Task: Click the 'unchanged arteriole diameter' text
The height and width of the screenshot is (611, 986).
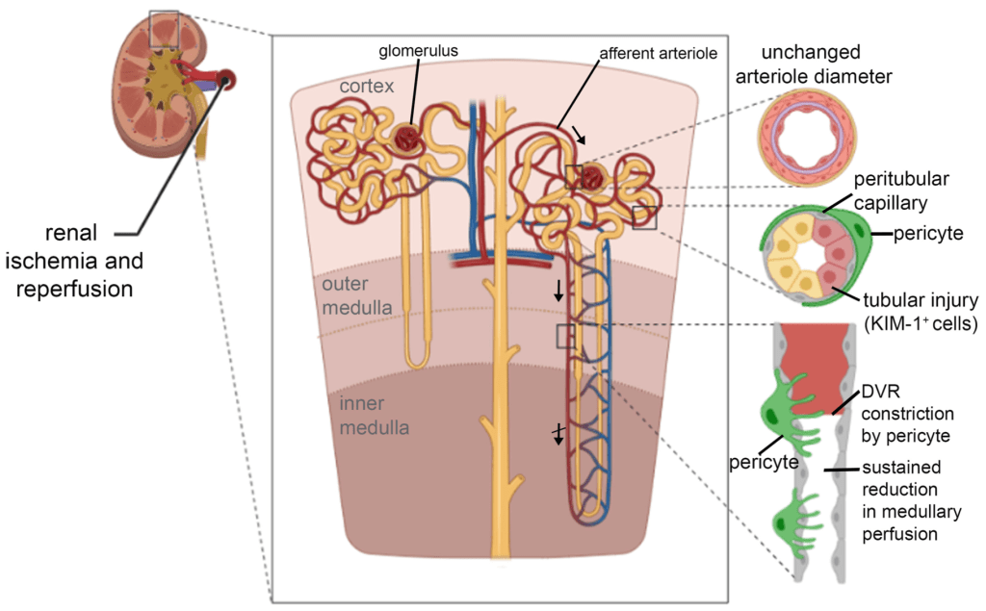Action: [825, 64]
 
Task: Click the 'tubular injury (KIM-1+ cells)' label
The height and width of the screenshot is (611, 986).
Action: [919, 312]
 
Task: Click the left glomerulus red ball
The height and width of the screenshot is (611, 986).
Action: [407, 140]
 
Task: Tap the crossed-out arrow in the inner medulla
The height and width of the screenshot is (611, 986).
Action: [558, 435]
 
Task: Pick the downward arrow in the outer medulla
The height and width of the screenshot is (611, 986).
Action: [559, 291]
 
